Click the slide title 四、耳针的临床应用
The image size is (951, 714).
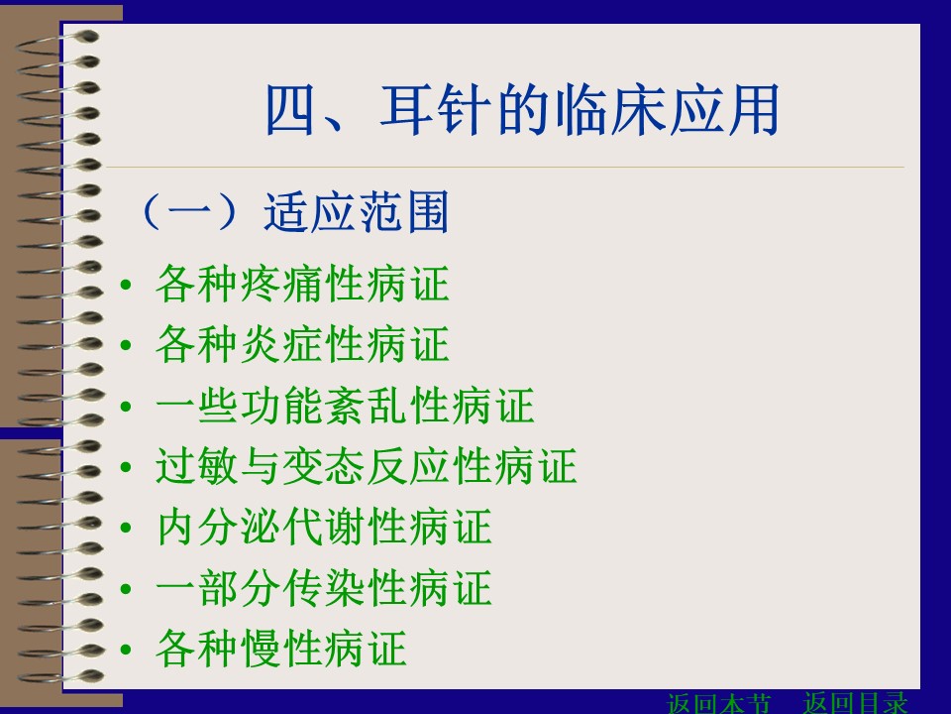[522, 110]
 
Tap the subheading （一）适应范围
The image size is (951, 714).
[295, 211]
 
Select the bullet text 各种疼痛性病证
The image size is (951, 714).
[302, 284]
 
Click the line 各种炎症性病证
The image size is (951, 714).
[302, 344]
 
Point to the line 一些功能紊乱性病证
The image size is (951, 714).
[345, 405]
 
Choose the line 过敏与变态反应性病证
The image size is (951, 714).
[366, 466]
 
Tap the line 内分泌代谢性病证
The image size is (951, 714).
[323, 527]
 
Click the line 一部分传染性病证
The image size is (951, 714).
[323, 588]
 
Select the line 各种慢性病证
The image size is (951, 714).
[280, 649]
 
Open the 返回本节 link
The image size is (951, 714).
[719, 703]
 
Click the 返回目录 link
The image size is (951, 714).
[856, 703]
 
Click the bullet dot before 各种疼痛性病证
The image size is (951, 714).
[126, 285]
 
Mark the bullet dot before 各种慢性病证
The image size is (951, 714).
[126, 650]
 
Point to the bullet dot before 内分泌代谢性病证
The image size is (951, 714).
[126, 529]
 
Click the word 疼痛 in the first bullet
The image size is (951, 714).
[281, 284]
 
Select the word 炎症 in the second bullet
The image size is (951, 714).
[281, 344]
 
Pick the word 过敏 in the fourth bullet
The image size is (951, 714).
[196, 466]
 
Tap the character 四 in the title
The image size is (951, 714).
[291, 110]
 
